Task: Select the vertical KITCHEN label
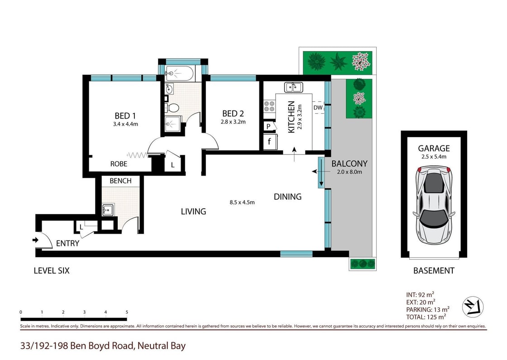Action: [x=292, y=117]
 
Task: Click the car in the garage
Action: [x=434, y=204]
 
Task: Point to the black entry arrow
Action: [x=36, y=240]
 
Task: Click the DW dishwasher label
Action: [x=318, y=108]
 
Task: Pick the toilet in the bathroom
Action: [x=172, y=107]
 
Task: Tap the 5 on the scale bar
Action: [x=127, y=312]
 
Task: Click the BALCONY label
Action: [x=349, y=163]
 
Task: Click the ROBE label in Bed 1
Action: [x=119, y=164]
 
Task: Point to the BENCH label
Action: [x=121, y=181]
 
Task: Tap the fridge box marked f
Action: [x=269, y=141]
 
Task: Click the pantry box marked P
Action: [x=268, y=126]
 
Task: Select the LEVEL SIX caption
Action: [x=52, y=271]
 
